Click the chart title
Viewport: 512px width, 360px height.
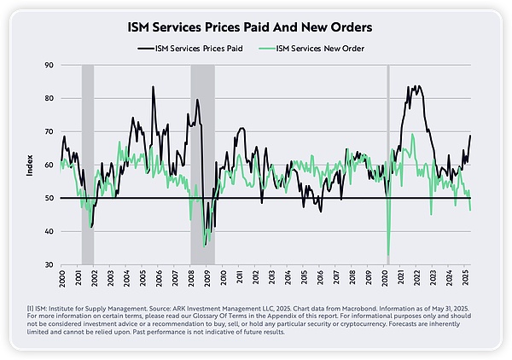click(x=255, y=27)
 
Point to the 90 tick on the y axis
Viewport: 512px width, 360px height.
click(x=49, y=65)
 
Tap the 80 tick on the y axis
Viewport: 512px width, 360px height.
click(x=49, y=98)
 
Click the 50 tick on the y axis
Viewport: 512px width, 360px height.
click(x=49, y=198)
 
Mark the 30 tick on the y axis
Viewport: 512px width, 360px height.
click(x=49, y=264)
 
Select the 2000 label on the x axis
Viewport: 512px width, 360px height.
click(x=61, y=279)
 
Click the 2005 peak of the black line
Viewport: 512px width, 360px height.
click(x=153, y=87)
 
